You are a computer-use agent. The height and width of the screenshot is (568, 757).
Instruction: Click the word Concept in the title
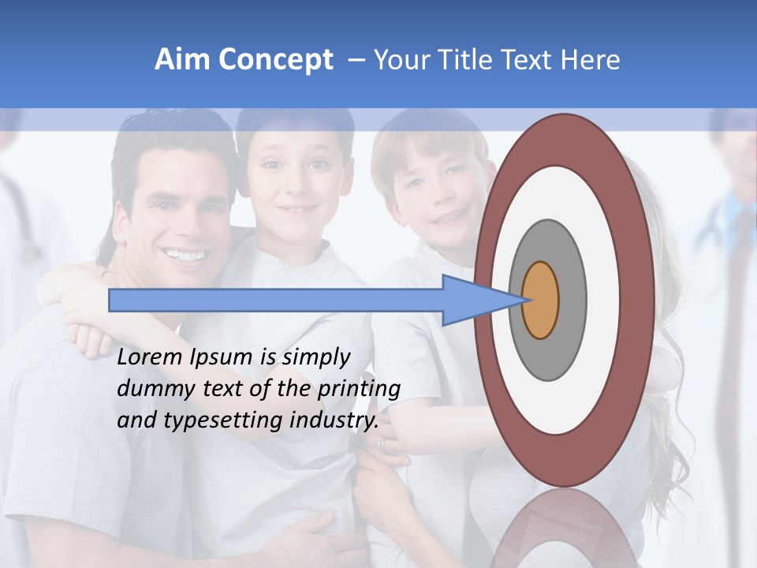275,60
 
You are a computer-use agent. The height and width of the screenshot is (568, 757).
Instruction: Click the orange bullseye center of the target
540,301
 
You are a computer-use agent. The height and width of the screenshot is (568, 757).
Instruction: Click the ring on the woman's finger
383,445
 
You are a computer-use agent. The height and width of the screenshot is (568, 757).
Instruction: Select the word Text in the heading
528,60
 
